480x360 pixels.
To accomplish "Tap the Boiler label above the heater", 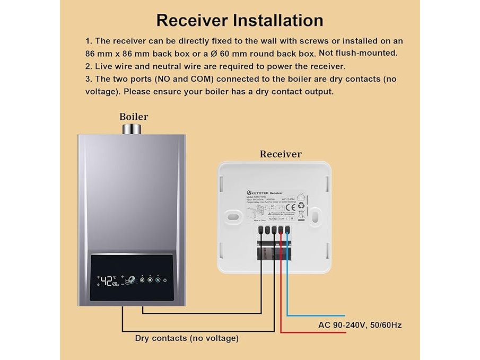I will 134,117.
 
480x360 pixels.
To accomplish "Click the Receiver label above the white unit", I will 281,154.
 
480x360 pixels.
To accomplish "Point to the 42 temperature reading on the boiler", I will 108,280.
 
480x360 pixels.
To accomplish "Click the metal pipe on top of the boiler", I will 131,129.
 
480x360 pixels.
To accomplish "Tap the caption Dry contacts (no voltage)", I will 187,338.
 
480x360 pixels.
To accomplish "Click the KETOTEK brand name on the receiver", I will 259,193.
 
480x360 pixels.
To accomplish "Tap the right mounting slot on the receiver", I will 315,216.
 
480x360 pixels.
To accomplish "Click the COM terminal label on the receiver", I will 281,218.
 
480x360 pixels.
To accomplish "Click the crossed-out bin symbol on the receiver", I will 301,215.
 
